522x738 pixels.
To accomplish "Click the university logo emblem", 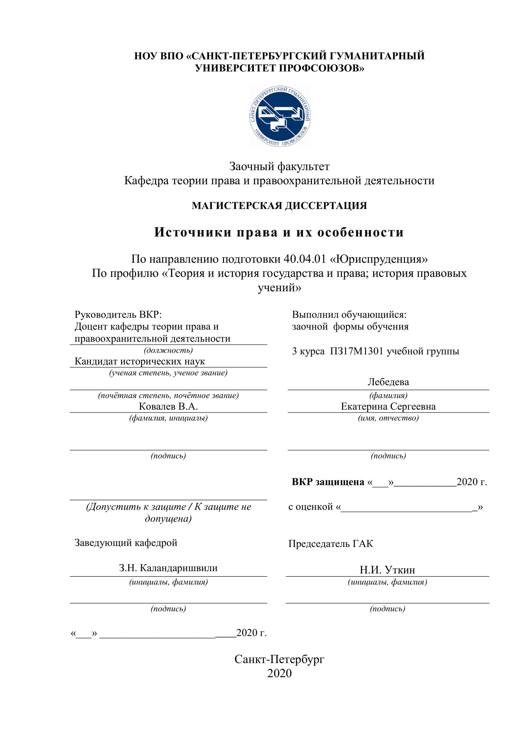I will click(x=280, y=116).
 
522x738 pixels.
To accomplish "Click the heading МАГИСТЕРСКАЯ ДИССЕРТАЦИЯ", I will click(x=279, y=206).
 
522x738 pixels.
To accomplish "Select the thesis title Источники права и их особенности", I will click(x=279, y=232).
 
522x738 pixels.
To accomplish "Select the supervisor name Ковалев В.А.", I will click(x=168, y=406).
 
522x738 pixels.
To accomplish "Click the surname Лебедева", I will click(x=388, y=382).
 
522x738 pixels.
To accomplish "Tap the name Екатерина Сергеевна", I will click(x=388, y=406).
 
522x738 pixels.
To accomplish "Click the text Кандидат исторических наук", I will click(x=140, y=361).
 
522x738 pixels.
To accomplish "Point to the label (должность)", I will click(x=168, y=350).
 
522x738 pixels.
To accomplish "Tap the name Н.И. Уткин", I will click(x=387, y=570).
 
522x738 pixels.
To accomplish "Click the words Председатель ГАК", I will click(x=331, y=544).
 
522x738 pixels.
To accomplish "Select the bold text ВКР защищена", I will click(x=328, y=482).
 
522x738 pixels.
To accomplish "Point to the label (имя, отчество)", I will click(x=388, y=418).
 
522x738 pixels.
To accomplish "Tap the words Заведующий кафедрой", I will click(x=126, y=543).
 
